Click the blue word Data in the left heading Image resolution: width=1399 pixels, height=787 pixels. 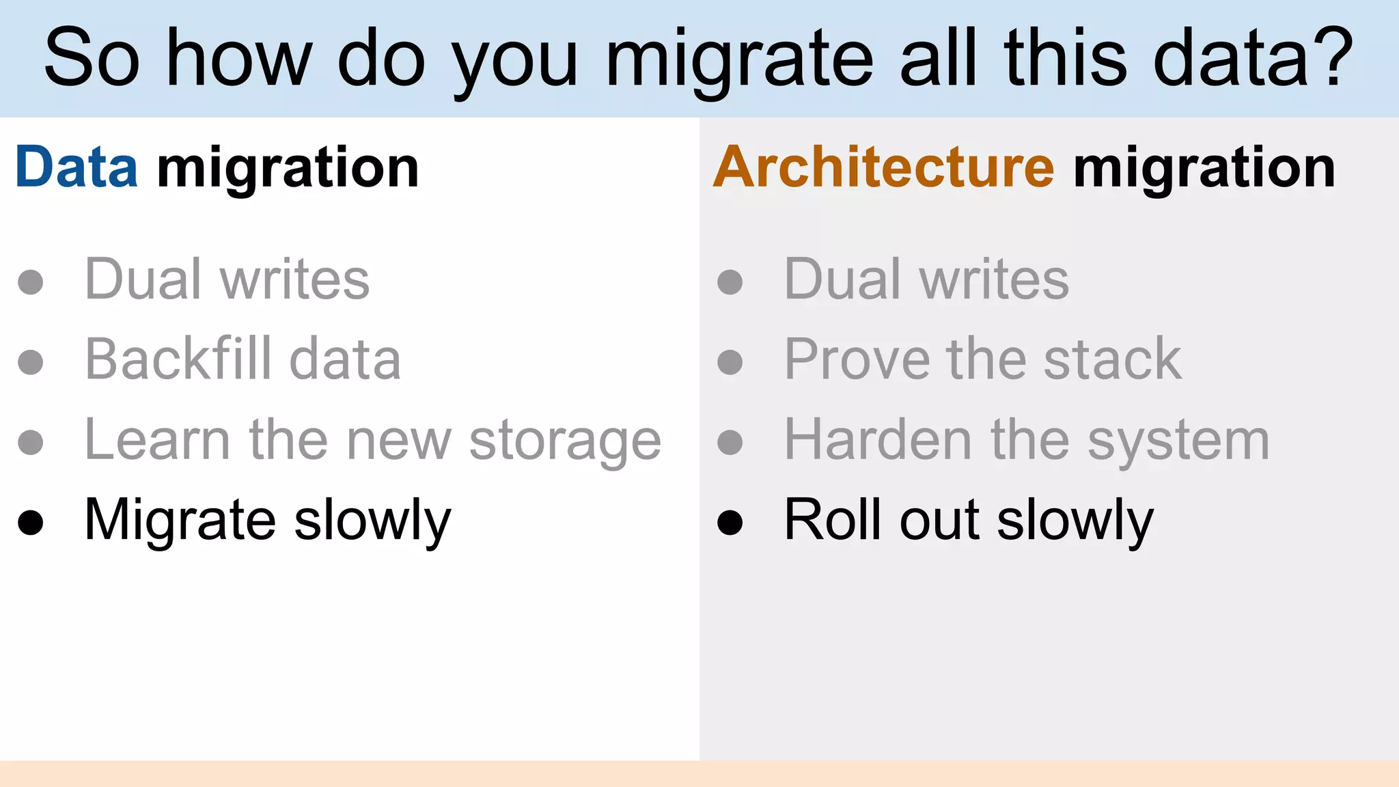(x=76, y=167)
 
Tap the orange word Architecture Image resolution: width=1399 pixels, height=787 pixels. (x=884, y=167)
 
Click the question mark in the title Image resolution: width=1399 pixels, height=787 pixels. (x=1331, y=57)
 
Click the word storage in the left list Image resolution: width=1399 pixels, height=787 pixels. (x=565, y=441)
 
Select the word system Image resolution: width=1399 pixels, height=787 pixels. (x=1178, y=441)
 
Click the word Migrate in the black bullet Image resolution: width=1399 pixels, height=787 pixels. (x=180, y=521)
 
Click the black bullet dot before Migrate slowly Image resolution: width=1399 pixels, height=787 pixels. (x=31, y=523)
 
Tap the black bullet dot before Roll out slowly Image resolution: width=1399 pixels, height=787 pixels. (x=730, y=523)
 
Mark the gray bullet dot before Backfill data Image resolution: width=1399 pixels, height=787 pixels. (x=31, y=362)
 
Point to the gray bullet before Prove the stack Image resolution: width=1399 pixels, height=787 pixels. (x=730, y=362)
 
